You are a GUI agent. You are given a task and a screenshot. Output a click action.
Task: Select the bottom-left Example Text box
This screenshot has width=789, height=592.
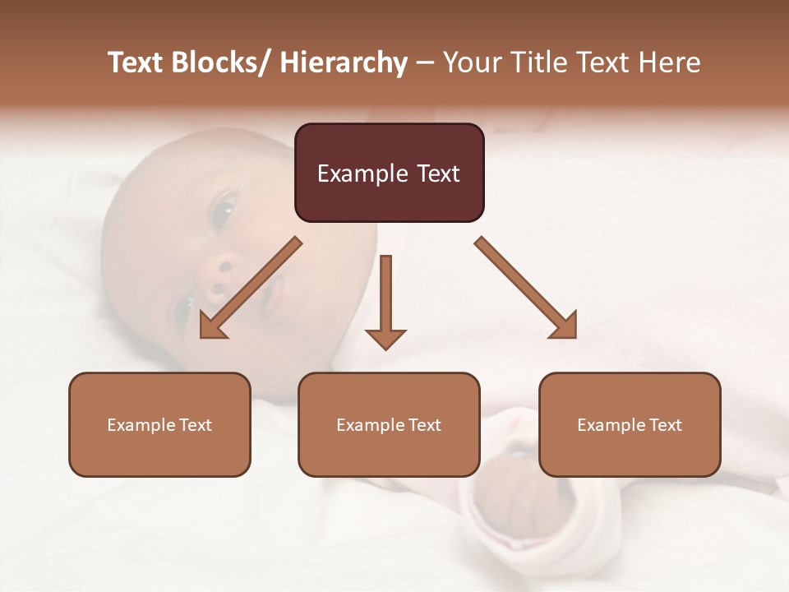pyautogui.click(x=159, y=424)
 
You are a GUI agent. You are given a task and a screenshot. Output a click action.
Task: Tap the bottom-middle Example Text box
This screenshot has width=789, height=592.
pyautogui.click(x=389, y=424)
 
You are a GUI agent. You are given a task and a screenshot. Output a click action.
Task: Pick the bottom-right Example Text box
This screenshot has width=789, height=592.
pyautogui.click(x=630, y=424)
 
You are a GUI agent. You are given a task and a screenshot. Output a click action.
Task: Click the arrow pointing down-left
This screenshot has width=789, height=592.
pyautogui.click(x=251, y=287)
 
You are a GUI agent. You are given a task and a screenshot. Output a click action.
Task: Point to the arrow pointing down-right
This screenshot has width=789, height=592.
pyautogui.click(x=525, y=287)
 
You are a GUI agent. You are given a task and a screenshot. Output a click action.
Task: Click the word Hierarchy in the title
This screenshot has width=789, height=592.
pyautogui.click(x=344, y=62)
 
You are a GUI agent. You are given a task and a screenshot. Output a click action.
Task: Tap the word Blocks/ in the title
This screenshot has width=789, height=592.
pyautogui.click(x=219, y=62)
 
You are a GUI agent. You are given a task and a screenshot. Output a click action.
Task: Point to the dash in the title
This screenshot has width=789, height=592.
pyautogui.click(x=425, y=63)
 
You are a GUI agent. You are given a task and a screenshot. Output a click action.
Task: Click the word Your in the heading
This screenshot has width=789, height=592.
pyautogui.click(x=470, y=62)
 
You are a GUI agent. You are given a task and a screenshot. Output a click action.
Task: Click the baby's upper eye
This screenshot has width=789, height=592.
pyautogui.click(x=222, y=211)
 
